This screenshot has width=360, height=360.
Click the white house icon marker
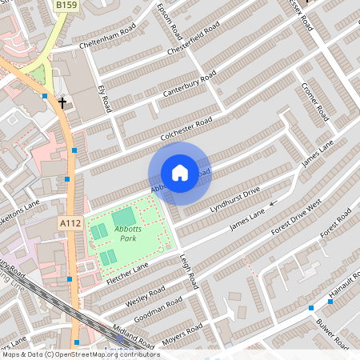pyautogui.click(x=179, y=173)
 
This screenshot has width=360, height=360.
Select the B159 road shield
pyautogui.click(x=67, y=6)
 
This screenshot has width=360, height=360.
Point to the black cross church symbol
pyautogui.click(x=62, y=102)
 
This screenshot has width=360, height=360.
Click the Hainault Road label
pyautogui.click(x=345, y=289)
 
